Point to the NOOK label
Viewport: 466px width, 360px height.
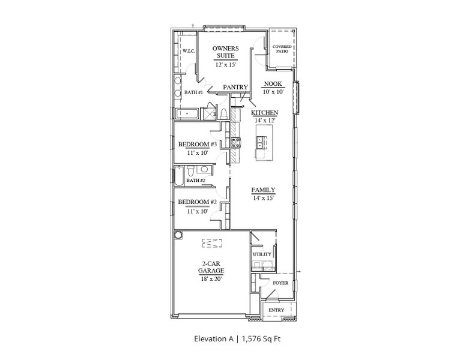point(273,85)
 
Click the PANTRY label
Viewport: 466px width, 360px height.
point(235,88)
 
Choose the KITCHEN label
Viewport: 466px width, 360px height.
point(264,113)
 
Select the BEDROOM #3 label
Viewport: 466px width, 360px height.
point(197,144)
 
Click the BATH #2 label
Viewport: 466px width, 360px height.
point(196,180)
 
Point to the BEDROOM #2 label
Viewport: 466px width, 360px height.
point(197,202)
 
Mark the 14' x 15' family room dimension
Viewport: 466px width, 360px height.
point(263,198)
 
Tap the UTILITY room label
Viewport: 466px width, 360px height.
point(262,254)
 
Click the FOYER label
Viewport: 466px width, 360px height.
point(280,283)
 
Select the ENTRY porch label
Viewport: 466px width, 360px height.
point(277,310)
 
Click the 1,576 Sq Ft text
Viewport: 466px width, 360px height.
point(261,339)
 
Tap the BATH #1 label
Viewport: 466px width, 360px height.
point(193,92)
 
